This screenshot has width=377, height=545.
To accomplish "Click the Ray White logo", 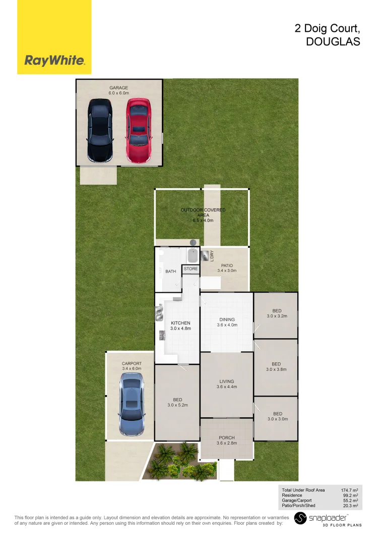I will [x=54, y=61].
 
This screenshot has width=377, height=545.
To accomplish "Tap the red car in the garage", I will [x=139, y=130].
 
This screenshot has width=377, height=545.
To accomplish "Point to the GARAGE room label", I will [x=119, y=88].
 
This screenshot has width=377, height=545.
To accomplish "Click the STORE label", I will [x=191, y=269].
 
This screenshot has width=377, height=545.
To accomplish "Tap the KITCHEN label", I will [x=180, y=323].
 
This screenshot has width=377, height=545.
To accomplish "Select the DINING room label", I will [x=227, y=319].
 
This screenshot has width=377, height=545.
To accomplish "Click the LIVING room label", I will [x=227, y=381].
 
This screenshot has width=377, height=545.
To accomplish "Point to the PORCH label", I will [x=226, y=438].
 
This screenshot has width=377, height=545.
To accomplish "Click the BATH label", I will [x=171, y=271].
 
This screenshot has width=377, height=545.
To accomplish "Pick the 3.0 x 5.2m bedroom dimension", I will [x=177, y=405].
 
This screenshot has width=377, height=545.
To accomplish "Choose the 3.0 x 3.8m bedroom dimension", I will [x=276, y=369].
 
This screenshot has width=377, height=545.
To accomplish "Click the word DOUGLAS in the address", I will [x=333, y=42].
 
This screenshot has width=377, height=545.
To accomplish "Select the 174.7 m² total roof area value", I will [x=349, y=490].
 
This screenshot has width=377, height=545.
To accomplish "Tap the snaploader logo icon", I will [x=300, y=518].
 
